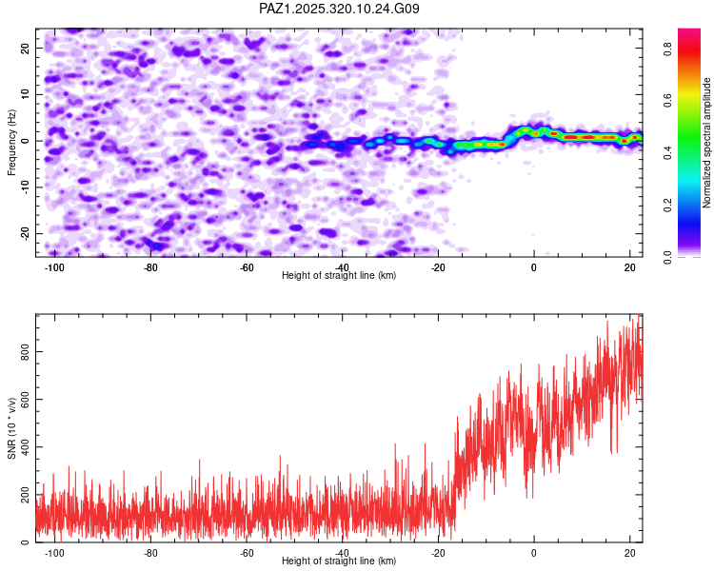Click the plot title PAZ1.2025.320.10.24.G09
(x=339, y=9)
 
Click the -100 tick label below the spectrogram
(x=53, y=267)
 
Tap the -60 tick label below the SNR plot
(x=246, y=553)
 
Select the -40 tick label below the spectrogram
(x=342, y=267)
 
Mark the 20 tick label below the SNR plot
(x=630, y=553)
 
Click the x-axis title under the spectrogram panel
(x=339, y=276)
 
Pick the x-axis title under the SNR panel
(x=339, y=561)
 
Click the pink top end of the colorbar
(x=689, y=34)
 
